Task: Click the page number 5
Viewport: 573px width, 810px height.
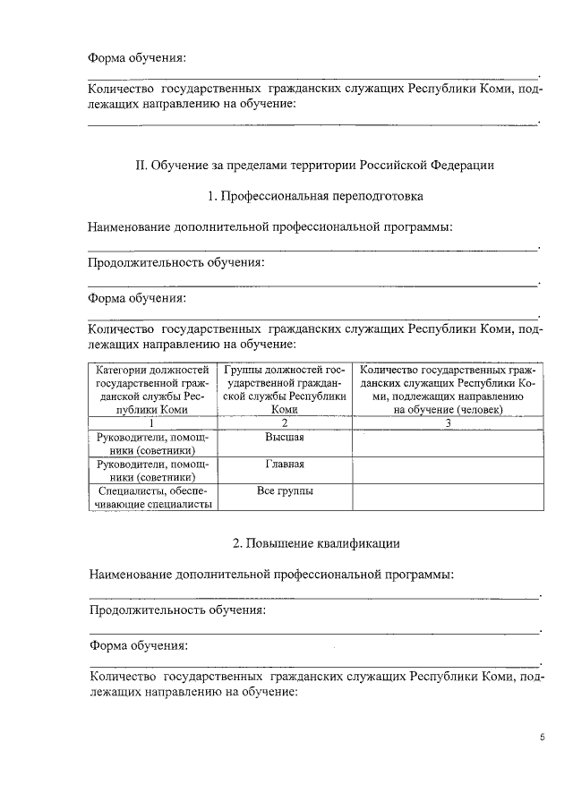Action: (542, 738)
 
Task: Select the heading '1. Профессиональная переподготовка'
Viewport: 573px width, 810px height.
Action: (315, 195)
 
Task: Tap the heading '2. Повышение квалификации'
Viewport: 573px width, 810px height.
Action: (315, 543)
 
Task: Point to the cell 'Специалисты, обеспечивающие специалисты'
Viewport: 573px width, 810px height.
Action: (152, 498)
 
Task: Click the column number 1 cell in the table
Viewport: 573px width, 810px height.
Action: (152, 422)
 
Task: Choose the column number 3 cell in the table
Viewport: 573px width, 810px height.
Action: (447, 422)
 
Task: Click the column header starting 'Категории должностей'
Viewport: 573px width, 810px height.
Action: (152, 388)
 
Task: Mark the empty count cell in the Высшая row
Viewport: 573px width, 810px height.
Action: (447, 443)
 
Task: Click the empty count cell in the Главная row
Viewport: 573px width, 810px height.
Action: (447, 471)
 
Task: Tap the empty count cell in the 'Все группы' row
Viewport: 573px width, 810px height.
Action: (447, 498)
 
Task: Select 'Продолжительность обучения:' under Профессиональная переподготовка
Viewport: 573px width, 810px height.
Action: (176, 263)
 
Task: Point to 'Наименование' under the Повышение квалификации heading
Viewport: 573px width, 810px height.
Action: (132, 574)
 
